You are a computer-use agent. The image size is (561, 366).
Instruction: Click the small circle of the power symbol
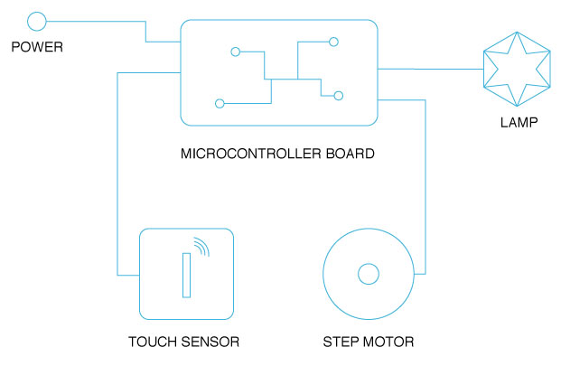pyautogui.click(x=37, y=21)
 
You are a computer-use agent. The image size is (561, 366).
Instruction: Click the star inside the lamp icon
pyautogui.click(x=516, y=69)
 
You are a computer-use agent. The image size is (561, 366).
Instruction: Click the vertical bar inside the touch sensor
pyautogui.click(x=186, y=275)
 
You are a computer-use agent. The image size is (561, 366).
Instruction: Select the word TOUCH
pyautogui.click(x=151, y=342)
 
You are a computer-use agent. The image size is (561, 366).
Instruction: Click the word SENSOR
pyautogui.click(x=209, y=342)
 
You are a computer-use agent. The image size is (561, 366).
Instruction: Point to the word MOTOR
pyautogui.click(x=390, y=342)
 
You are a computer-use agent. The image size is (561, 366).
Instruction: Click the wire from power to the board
pyautogui.click(x=145, y=30)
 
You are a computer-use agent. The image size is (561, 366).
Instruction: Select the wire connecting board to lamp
pyautogui.click(x=429, y=69)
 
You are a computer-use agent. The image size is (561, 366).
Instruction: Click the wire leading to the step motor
pyautogui.click(x=425, y=181)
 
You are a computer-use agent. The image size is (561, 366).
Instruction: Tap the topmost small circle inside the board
pyautogui.click(x=333, y=42)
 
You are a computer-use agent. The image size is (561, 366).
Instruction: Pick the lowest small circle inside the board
pyautogui.click(x=220, y=102)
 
